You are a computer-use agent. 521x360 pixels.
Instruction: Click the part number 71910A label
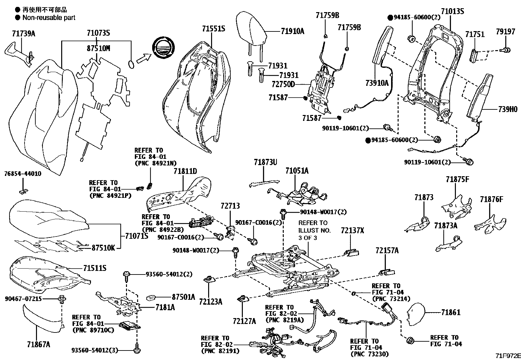click(292, 31)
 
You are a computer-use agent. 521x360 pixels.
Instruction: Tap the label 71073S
click(98, 33)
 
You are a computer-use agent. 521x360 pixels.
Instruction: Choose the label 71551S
click(213, 29)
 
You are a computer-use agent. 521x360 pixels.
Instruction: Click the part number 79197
click(505, 32)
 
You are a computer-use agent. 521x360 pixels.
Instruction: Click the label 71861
click(451, 312)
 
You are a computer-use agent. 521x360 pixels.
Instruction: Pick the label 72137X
click(352, 230)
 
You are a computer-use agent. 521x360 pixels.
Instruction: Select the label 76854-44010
click(23, 174)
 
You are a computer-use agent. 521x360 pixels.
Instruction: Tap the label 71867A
click(39, 344)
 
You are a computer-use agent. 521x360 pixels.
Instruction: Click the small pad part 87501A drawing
click(151, 297)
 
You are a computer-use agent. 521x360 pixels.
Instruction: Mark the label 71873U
click(265, 162)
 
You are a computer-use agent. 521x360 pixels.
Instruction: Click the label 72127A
click(244, 321)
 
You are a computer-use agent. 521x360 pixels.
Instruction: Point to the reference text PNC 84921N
click(155, 162)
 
